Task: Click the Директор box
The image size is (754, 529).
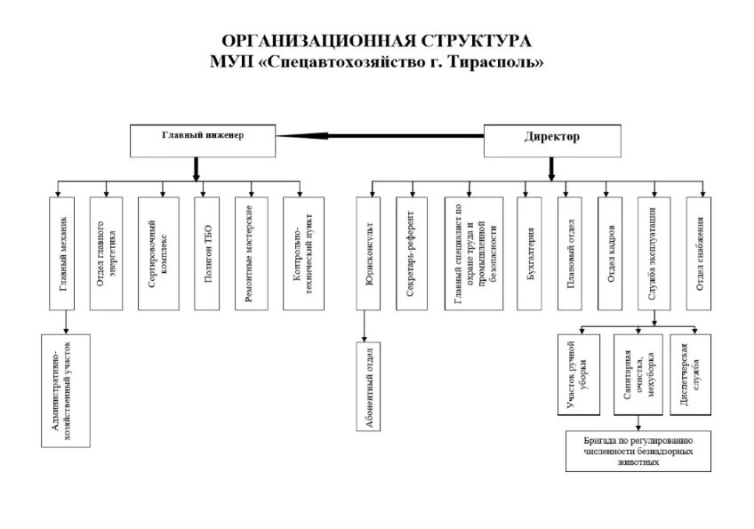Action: [x=551, y=139]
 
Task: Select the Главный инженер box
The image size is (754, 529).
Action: [x=203, y=139]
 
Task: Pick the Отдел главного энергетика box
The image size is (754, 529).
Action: [x=106, y=252]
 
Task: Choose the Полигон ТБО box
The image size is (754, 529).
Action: [x=206, y=252]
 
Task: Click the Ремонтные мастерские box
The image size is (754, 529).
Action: [x=251, y=252]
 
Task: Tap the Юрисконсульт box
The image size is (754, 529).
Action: [x=369, y=252]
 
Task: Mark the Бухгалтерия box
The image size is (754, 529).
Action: [x=529, y=252]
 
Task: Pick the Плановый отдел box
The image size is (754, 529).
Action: [x=570, y=252]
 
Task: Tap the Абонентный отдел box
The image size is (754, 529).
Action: [x=369, y=387]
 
